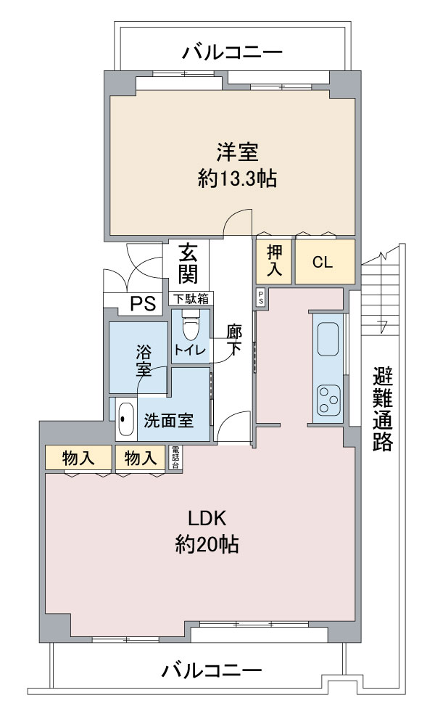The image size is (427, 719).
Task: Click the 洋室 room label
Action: click(237, 152)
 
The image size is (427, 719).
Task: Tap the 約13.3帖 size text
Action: click(237, 178)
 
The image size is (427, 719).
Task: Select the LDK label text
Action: click(207, 518)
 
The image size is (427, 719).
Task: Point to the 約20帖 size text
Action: click(207, 544)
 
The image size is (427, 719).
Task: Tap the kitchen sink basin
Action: click(328, 340)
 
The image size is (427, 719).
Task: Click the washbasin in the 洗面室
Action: click(125, 419)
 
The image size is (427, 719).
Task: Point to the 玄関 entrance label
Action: click(188, 263)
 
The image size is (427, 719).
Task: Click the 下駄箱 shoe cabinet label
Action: click(191, 299)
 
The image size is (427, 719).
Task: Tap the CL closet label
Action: click(323, 263)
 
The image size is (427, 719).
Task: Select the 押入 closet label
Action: click(275, 260)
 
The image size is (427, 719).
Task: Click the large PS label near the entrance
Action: click(144, 303)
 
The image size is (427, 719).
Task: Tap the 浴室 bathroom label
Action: click(144, 361)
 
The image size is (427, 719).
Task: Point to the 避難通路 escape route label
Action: click(383, 408)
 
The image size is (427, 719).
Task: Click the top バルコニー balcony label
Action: click(232, 53)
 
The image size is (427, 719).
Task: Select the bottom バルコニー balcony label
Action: click(212, 671)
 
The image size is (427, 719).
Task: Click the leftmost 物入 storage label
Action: click(78, 457)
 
